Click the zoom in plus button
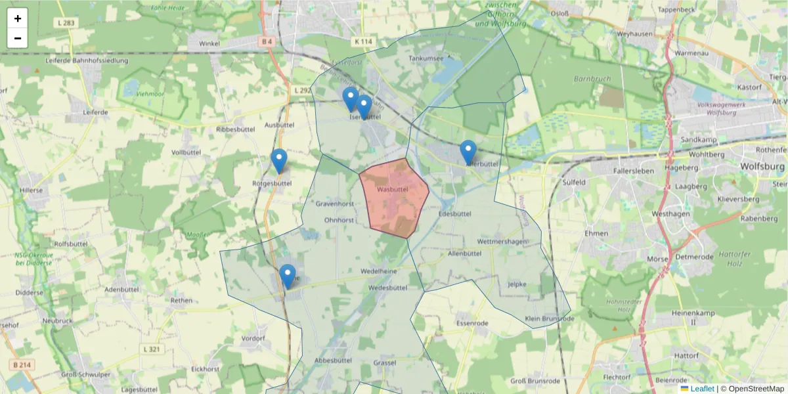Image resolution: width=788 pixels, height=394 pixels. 18,18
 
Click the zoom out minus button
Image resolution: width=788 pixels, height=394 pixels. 18,38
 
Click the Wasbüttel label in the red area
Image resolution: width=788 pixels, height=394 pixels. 393,190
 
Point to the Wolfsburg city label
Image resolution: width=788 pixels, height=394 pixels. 762,167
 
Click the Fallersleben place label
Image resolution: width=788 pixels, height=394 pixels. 616,169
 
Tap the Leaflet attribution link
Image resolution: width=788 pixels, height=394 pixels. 702,389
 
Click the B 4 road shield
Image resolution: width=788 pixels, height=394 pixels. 266,42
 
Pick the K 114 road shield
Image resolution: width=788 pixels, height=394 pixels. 362,41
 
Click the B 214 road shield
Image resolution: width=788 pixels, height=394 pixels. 22,364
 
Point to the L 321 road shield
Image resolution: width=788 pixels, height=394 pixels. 150,349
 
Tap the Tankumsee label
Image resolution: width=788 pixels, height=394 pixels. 426,58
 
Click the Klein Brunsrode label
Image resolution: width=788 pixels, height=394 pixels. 550,318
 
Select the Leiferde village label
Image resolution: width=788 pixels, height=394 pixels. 95,112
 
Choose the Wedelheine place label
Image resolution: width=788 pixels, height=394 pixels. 378,271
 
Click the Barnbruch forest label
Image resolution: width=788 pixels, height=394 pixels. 592,79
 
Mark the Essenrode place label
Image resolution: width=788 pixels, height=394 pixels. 472,324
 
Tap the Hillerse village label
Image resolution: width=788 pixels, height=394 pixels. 31,190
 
